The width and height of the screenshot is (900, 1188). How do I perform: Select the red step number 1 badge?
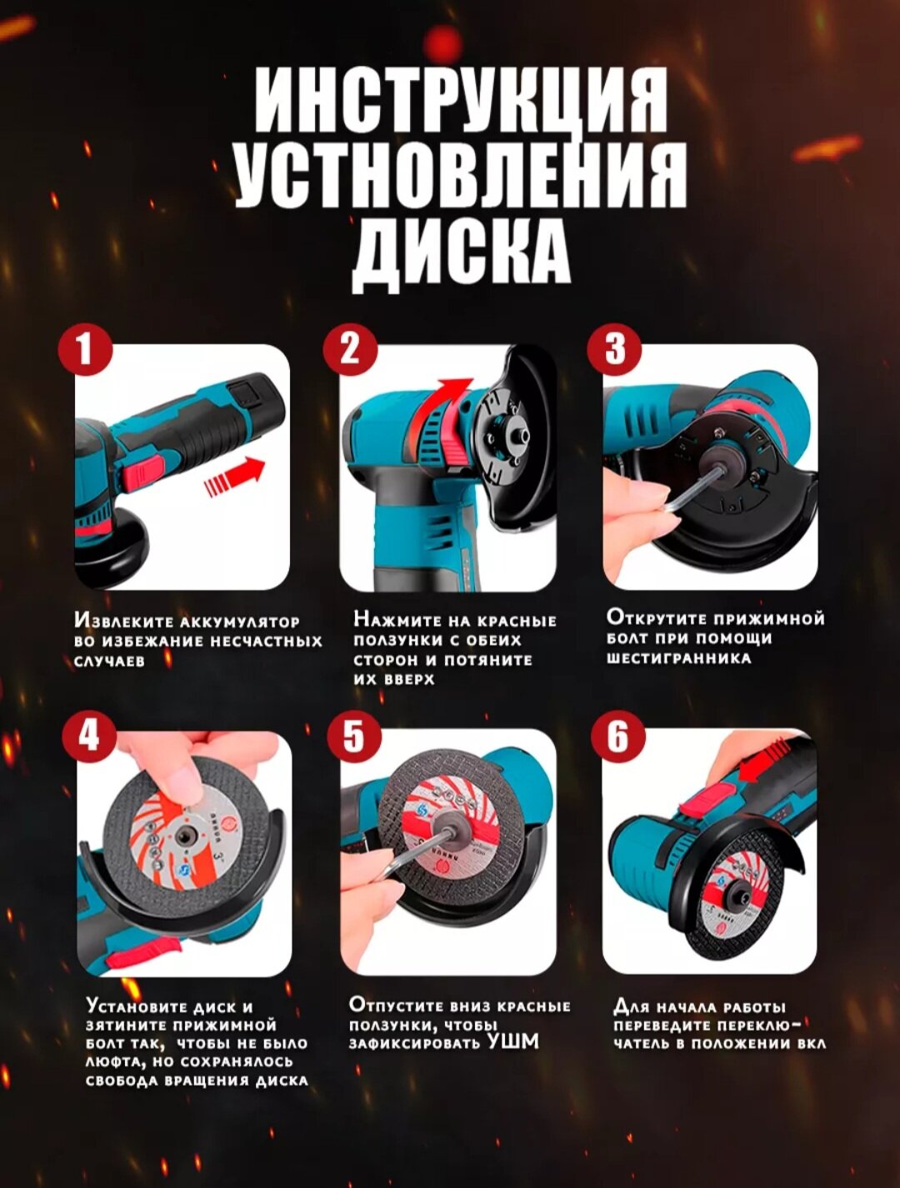86,351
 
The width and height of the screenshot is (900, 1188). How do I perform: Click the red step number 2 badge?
350,350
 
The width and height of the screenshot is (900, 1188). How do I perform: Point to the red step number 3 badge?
615,350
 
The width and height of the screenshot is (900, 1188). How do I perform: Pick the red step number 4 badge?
88,736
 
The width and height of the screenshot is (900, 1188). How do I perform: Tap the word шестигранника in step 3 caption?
678,659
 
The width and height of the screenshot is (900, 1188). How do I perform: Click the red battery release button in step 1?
142,472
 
